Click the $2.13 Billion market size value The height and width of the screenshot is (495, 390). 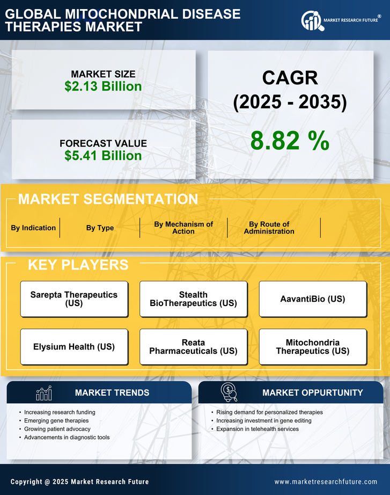[103, 86]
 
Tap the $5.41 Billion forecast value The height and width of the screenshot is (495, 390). [103, 156]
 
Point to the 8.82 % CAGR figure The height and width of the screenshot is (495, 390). [290, 141]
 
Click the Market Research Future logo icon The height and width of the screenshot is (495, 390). [312, 20]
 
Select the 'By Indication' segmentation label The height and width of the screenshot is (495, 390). [33, 228]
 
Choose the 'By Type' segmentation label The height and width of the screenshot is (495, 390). [100, 228]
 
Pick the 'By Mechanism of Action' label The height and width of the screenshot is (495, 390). [183, 228]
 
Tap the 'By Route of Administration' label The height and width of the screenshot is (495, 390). [269, 228]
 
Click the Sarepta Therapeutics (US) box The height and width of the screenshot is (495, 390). [74, 299]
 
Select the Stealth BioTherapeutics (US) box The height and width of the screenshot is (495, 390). [193, 299]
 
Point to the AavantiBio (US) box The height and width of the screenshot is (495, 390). [313, 299]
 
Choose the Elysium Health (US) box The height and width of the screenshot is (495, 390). [74, 347]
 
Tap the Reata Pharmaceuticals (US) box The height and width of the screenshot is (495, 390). [193, 347]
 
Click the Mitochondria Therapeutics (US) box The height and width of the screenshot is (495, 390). [313, 347]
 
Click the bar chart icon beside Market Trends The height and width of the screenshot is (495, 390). [43, 393]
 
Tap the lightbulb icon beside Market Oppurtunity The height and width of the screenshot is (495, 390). [229, 392]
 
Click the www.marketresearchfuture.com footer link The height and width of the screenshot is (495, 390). [326, 482]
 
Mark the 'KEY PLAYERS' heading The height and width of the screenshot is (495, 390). [78, 265]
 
